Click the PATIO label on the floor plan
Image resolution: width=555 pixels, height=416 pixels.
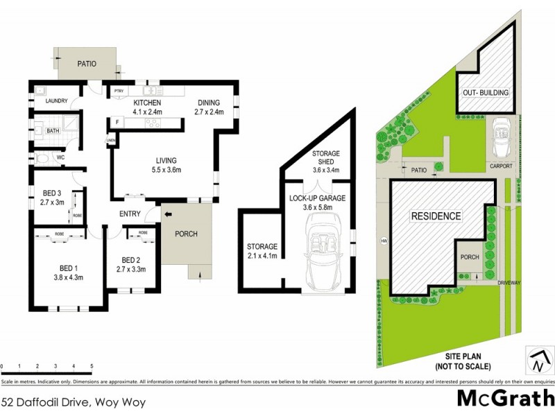(86, 64)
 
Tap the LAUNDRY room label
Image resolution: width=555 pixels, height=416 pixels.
(56, 101)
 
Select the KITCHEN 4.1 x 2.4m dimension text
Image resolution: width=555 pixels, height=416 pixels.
(147, 112)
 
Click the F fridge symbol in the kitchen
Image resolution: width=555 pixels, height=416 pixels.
(118, 123)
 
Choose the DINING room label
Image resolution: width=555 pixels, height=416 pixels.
(208, 103)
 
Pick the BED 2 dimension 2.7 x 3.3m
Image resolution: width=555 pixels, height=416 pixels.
(131, 270)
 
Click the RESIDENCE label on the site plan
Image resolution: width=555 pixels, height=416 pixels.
(436, 216)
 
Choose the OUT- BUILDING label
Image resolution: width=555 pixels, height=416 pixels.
(486, 93)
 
